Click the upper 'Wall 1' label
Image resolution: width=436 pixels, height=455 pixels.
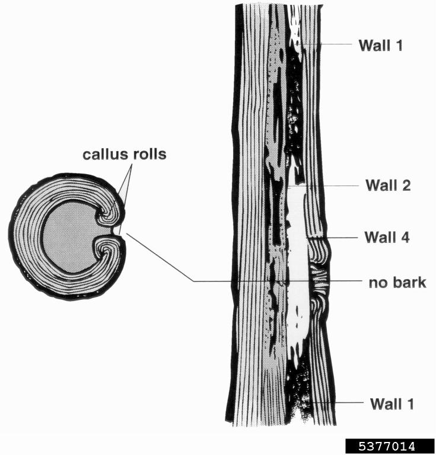coord(380,45)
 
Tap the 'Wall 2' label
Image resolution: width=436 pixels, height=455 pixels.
coord(387,185)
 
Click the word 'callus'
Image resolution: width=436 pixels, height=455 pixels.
coord(102,155)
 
